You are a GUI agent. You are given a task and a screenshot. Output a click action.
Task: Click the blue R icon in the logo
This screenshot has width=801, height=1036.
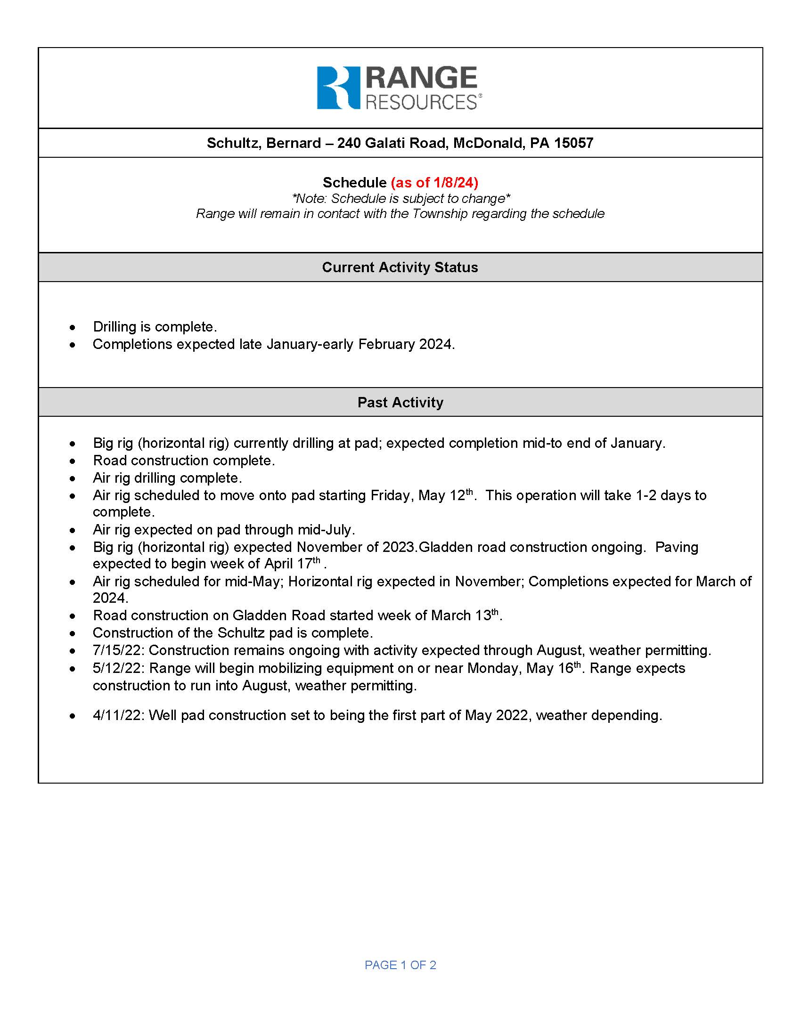(338, 88)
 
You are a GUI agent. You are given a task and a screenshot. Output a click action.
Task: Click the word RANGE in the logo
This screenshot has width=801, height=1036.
(421, 78)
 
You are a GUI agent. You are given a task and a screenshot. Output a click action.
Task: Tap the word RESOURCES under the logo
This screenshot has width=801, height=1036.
(421, 102)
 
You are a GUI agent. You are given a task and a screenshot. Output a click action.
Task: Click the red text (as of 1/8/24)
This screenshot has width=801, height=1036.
(434, 183)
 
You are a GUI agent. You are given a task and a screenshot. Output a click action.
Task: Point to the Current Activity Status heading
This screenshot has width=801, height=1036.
(400, 267)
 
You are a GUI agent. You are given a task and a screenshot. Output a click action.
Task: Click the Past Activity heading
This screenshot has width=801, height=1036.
(400, 402)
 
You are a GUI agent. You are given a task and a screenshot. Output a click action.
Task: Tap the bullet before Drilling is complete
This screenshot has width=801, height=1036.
(72, 327)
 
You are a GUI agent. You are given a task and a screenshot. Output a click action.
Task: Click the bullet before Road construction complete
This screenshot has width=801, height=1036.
(72, 461)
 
